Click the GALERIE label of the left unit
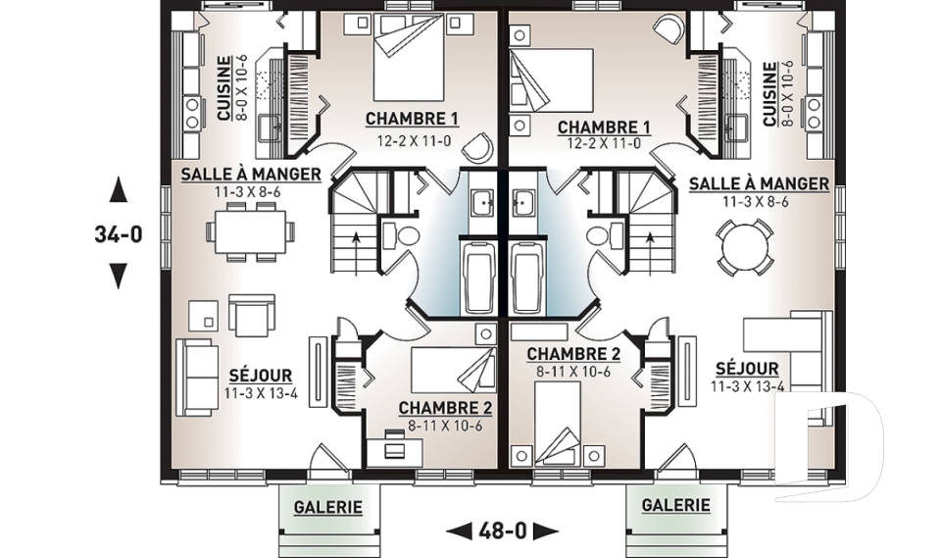328,507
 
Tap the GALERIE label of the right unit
675,505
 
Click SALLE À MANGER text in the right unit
759,183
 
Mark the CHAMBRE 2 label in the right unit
573,354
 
